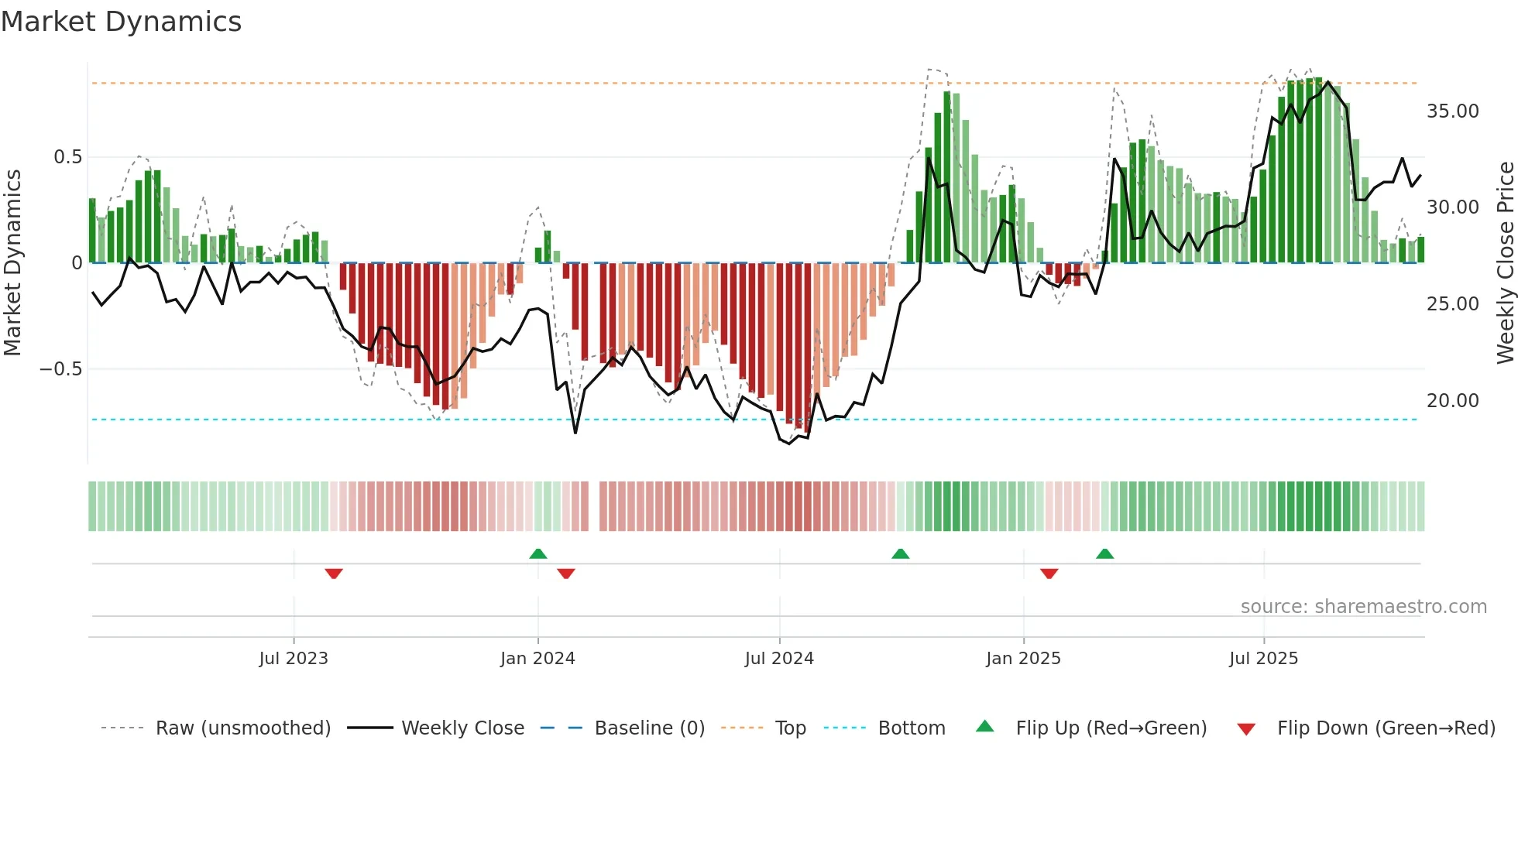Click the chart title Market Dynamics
click(x=121, y=22)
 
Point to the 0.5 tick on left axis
click(x=67, y=157)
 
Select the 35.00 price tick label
click(x=1452, y=111)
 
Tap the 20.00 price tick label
click(x=1452, y=401)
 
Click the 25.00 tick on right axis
click(x=1452, y=304)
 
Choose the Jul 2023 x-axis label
click(x=294, y=659)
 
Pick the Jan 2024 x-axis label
click(x=537, y=659)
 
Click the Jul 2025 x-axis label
click(x=1263, y=659)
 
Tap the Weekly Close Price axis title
click(x=1505, y=263)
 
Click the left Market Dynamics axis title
click(x=12, y=263)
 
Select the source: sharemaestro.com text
click(x=1363, y=607)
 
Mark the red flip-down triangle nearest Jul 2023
click(x=334, y=574)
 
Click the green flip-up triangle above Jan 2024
click(x=538, y=553)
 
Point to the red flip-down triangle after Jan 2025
click(x=1049, y=574)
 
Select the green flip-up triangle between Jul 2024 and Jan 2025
click(x=900, y=553)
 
